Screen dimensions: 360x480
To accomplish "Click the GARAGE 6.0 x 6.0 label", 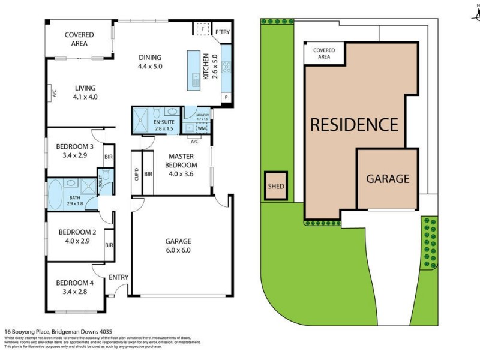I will click(x=178, y=246).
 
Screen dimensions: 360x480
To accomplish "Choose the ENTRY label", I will click(x=119, y=277).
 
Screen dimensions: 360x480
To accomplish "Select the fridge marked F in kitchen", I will click(x=203, y=29).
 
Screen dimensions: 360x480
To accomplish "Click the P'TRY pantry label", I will click(x=223, y=32).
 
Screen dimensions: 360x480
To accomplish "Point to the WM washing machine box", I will click(x=202, y=128).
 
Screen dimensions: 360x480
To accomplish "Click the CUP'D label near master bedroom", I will click(x=137, y=175).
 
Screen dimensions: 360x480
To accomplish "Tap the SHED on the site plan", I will click(x=276, y=186).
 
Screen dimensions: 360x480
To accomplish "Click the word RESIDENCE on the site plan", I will click(x=353, y=125).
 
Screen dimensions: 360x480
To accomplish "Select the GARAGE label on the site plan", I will click(x=388, y=179).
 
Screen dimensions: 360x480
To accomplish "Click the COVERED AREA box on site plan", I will click(x=324, y=53).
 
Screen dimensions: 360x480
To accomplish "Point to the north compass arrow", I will click(x=474, y=13).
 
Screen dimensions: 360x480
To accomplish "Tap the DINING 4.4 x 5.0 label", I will click(x=150, y=62).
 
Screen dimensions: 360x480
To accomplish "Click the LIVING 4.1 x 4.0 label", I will click(x=85, y=92).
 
